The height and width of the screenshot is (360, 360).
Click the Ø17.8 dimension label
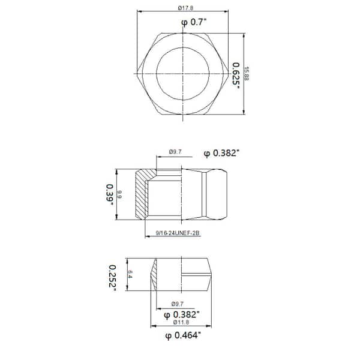(x=185, y=8)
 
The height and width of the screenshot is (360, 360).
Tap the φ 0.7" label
(x=194, y=23)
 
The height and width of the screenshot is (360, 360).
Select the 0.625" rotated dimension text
(x=236, y=76)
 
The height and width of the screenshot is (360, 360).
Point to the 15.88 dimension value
(x=247, y=73)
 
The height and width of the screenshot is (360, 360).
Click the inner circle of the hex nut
(x=183, y=47)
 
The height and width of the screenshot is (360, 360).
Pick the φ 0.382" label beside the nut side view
(x=221, y=153)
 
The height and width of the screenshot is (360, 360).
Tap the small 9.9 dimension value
(x=119, y=194)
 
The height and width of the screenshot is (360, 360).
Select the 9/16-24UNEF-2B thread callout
(x=178, y=233)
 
